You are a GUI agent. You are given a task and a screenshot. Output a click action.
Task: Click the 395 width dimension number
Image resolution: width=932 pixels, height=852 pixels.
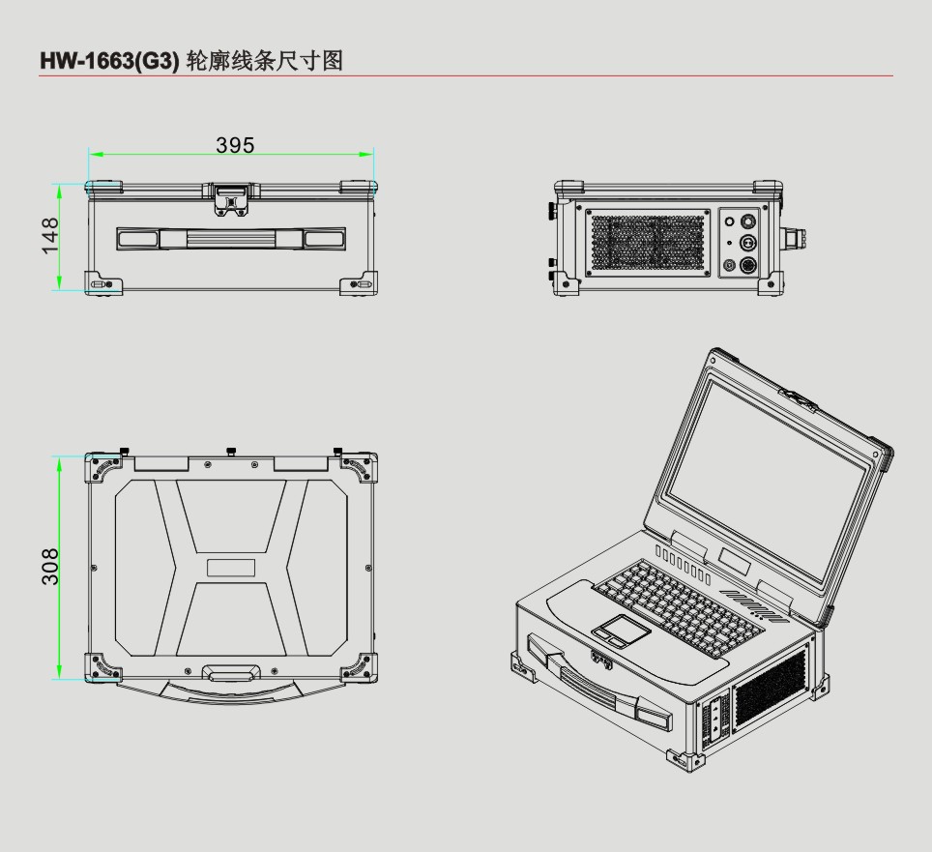pos(235,145)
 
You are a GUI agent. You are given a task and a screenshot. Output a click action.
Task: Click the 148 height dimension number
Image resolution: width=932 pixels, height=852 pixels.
pos(51,235)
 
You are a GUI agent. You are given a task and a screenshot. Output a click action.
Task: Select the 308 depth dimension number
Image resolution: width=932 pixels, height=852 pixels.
pos(51,567)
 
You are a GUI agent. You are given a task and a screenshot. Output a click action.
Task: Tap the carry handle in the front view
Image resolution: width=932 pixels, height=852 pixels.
pos(230,238)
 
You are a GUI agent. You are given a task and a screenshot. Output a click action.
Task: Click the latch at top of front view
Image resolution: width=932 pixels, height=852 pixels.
pos(230,198)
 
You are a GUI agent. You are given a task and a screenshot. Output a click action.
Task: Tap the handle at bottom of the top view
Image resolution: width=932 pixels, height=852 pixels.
pos(230,671)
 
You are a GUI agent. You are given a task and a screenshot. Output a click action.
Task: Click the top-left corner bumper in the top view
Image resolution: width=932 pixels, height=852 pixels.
pos(103,468)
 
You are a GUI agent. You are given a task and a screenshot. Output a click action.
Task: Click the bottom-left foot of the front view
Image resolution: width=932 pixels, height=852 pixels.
pos(103,282)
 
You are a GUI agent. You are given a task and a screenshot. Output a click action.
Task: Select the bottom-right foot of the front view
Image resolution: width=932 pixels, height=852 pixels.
pos(357,282)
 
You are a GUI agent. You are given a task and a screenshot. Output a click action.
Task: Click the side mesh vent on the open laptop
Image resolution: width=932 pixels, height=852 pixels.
pos(771,690)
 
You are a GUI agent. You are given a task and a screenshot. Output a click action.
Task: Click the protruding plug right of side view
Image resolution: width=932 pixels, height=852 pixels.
pos(799,238)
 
